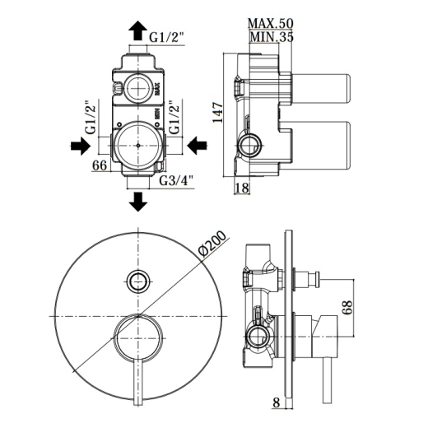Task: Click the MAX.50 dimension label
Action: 271,24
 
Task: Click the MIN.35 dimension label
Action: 272,37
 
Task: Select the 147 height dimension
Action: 219,113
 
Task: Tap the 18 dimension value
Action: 242,188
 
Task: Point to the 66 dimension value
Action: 100,165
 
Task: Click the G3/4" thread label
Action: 176,180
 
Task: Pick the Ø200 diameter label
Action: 212,244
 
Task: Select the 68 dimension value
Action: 347,308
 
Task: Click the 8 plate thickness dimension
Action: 277,402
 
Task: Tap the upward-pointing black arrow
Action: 137,30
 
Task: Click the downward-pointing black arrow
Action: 138,202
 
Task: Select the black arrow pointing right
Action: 81,146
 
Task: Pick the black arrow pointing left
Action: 198,145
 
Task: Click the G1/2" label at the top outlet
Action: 166,37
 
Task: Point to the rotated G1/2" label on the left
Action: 91,118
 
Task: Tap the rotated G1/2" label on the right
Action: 174,118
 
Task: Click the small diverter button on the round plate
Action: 139,281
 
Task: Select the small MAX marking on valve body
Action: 157,89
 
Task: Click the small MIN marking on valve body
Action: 157,113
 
